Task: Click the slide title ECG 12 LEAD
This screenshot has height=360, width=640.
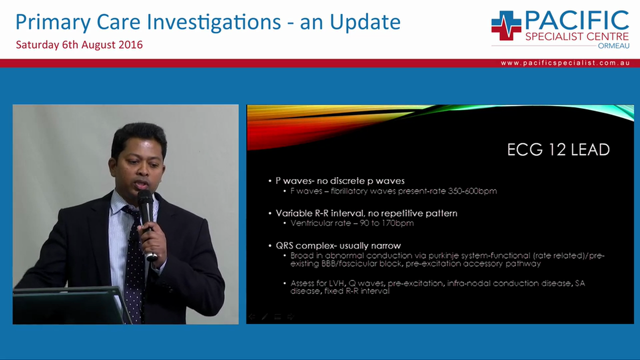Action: pyautogui.click(x=558, y=149)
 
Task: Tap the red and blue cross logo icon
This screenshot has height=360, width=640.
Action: pyautogui.click(x=505, y=25)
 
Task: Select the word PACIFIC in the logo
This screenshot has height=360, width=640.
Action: pyautogui.click(x=576, y=20)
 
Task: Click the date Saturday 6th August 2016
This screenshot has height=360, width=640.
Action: pyautogui.click(x=79, y=44)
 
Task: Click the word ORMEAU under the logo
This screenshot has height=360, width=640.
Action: pyautogui.click(x=613, y=45)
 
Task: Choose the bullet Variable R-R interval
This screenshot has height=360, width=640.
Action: pyautogui.click(x=366, y=213)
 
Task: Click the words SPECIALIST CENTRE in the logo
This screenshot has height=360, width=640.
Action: pyautogui.click(x=576, y=36)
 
